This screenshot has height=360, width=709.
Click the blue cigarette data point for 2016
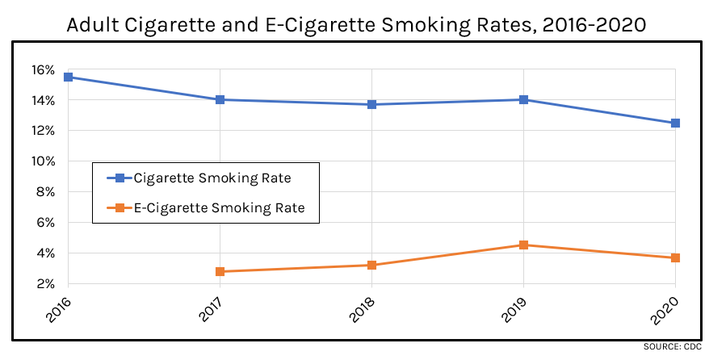69,77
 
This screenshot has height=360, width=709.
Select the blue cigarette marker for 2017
220,99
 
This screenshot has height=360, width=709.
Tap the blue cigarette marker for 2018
371,104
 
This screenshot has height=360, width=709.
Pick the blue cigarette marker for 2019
523,99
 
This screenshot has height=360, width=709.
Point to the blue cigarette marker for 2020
675,123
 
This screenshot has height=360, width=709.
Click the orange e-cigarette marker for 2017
220,271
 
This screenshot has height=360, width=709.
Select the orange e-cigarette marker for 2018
371,265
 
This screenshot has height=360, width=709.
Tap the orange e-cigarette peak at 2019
523,245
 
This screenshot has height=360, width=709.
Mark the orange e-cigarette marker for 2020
675,257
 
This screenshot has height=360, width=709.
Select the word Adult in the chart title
91,25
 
